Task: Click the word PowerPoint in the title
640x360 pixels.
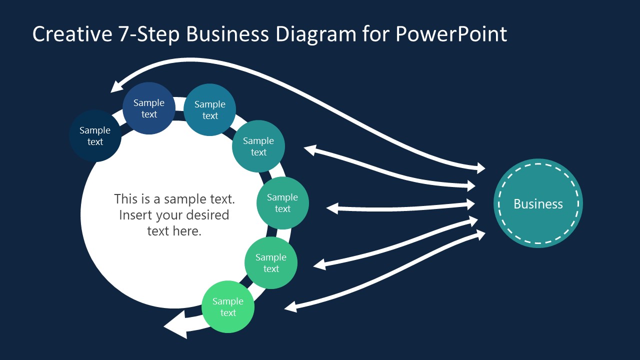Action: click(x=451, y=34)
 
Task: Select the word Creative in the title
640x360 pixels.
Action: click(x=72, y=34)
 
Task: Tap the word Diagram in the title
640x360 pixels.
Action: click(x=316, y=35)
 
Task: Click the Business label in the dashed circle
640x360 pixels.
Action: click(x=538, y=204)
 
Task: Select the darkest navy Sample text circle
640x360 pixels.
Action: click(x=95, y=136)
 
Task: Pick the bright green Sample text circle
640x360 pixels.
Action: click(x=228, y=307)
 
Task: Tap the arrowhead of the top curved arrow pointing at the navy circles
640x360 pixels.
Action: click(x=116, y=86)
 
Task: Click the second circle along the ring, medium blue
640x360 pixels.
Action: click(x=149, y=108)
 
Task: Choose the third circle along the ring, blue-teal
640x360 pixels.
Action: click(x=209, y=109)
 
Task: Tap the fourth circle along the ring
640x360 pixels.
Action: click(x=258, y=146)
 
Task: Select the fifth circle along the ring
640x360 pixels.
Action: click(x=282, y=203)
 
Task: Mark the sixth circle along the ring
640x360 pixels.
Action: click(x=271, y=263)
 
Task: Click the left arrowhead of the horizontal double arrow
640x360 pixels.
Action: click(x=332, y=208)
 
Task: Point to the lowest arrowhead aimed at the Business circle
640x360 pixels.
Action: click(x=479, y=235)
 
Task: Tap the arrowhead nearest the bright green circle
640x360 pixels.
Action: click(x=291, y=307)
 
